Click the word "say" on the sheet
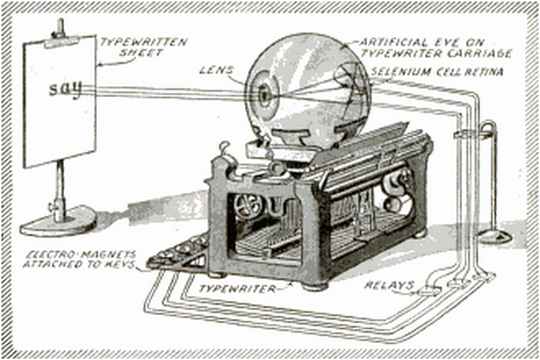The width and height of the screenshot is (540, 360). (65, 90)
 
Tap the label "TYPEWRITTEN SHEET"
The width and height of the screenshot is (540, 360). (143, 47)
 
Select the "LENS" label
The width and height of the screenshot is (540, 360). (216, 70)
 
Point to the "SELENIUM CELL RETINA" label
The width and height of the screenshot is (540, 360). (437, 71)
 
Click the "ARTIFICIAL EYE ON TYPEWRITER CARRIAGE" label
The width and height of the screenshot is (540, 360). (436, 48)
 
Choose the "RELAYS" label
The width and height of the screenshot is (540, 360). (389, 285)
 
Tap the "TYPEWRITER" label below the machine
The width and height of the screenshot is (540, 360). (238, 289)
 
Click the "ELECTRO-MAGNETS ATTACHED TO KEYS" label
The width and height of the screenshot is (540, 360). (79, 259)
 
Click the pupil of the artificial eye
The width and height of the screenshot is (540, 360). (264, 94)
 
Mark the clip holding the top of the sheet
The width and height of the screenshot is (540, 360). (62, 42)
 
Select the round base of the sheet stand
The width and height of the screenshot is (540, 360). (58, 222)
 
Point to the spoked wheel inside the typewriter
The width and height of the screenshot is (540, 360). (248, 205)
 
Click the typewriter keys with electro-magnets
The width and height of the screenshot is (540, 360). (178, 252)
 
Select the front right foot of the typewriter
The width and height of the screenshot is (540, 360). (315, 286)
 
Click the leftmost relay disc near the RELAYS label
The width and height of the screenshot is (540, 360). (429, 292)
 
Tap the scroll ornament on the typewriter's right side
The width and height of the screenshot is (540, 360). (396, 188)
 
